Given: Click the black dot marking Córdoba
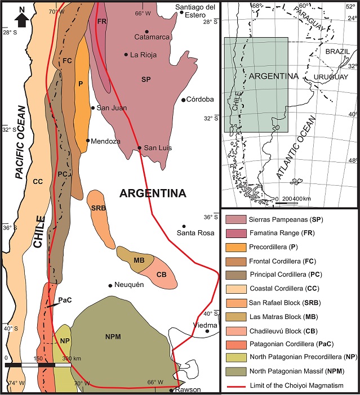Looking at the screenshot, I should point(184,100).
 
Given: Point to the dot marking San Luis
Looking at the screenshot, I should point(140,148).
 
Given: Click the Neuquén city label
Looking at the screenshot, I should point(130,285).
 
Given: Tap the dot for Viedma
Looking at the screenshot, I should point(207,331).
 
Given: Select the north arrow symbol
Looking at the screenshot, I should point(21,17).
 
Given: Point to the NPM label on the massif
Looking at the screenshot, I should point(113,337).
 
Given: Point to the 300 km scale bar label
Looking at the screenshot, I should point(72,358).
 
